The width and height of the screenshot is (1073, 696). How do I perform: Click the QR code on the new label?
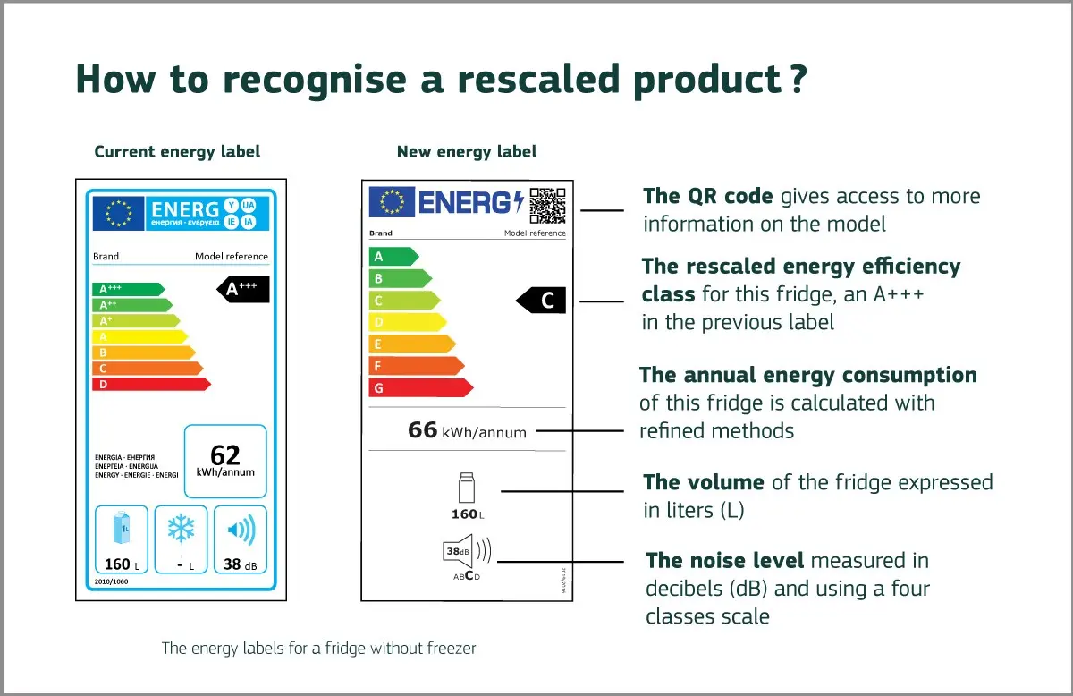547,205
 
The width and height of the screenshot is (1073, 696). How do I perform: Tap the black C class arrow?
541,301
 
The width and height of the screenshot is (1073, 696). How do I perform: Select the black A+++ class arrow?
243,289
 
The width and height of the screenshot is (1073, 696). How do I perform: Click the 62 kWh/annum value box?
225,462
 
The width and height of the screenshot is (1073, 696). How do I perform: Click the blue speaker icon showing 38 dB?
241,530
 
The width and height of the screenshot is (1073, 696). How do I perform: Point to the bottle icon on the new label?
465,488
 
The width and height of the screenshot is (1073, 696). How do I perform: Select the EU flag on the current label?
119,213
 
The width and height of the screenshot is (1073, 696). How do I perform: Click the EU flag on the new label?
392,202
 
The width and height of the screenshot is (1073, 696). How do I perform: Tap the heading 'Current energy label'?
177,151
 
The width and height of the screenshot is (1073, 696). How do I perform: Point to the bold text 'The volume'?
703,482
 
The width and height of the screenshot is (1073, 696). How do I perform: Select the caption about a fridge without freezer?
318,648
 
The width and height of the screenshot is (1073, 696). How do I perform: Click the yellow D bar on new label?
406,322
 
